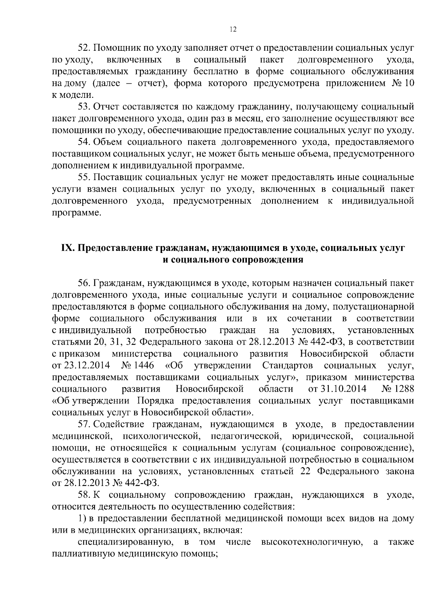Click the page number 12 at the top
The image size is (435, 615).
(233, 30)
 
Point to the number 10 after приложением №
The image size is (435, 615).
(408, 83)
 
